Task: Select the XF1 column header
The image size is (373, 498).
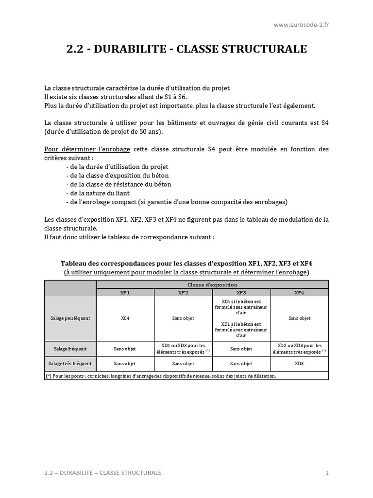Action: click(x=125, y=292)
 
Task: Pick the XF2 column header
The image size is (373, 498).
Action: click(x=183, y=292)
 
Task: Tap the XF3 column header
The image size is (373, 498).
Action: click(x=241, y=292)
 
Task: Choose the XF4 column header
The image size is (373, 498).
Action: click(x=299, y=292)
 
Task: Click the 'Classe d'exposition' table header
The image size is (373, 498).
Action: click(x=212, y=285)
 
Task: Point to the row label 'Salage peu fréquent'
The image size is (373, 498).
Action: click(x=70, y=318)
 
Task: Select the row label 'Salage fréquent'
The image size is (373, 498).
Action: click(x=70, y=349)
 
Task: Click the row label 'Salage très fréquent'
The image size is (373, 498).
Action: click(x=70, y=363)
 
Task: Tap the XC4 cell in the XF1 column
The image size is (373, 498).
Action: click(x=125, y=318)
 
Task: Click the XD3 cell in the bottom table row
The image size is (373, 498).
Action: click(x=299, y=363)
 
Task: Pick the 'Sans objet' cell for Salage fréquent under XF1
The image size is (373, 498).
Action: click(x=125, y=349)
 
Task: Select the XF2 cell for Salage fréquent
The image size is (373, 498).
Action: click(x=183, y=348)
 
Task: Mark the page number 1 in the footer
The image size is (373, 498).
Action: click(x=327, y=473)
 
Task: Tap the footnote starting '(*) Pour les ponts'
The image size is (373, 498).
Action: click(x=160, y=376)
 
